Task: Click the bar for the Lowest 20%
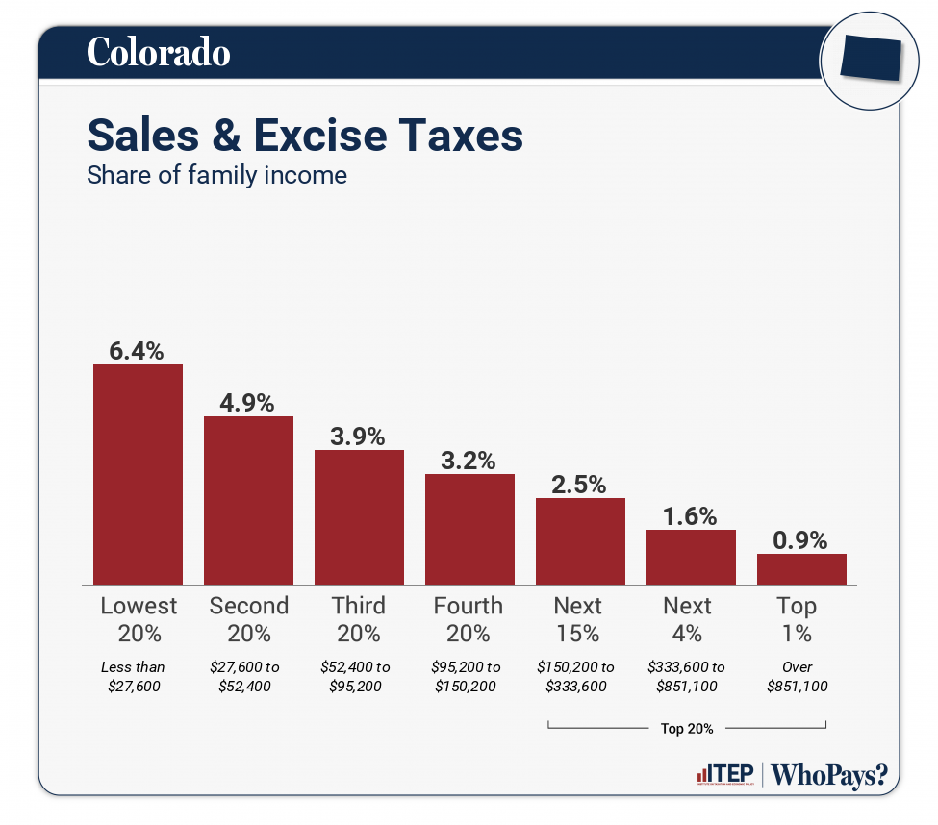[138, 474]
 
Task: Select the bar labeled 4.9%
[248, 500]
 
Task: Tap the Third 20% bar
[359, 517]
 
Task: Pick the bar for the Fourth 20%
[469, 529]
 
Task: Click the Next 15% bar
[580, 541]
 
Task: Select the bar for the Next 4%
[691, 557]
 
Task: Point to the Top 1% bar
[801, 569]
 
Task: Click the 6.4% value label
[137, 351]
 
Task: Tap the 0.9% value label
[801, 540]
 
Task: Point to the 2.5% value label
[579, 485]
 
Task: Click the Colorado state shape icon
[869, 60]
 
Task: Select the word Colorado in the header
[159, 52]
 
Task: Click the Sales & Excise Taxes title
[305, 136]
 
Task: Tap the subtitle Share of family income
[216, 176]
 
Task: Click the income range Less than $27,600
[134, 676]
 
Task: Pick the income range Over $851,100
[798, 676]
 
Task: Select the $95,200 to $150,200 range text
[468, 676]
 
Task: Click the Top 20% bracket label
[687, 728]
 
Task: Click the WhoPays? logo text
[829, 775]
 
